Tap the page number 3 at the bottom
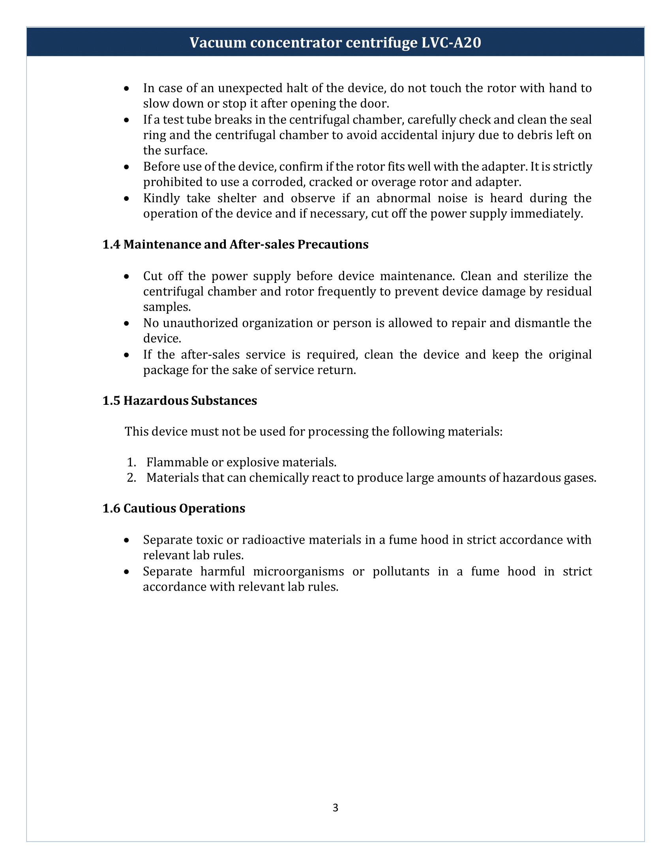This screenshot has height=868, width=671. [x=335, y=808]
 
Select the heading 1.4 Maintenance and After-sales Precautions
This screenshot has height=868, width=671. [x=235, y=245]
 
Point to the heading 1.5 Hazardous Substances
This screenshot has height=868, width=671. [x=180, y=400]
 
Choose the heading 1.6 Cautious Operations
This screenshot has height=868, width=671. [x=174, y=508]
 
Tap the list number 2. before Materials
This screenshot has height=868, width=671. [x=131, y=478]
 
